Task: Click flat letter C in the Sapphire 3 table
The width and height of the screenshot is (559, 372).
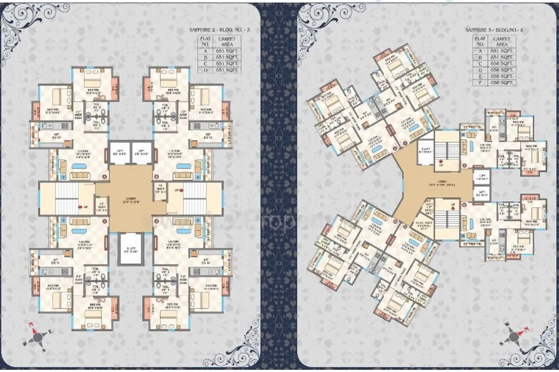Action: [480, 63]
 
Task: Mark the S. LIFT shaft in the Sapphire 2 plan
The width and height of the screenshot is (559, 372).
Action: [131, 249]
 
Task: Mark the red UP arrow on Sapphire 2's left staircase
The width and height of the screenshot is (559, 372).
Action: [80, 207]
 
